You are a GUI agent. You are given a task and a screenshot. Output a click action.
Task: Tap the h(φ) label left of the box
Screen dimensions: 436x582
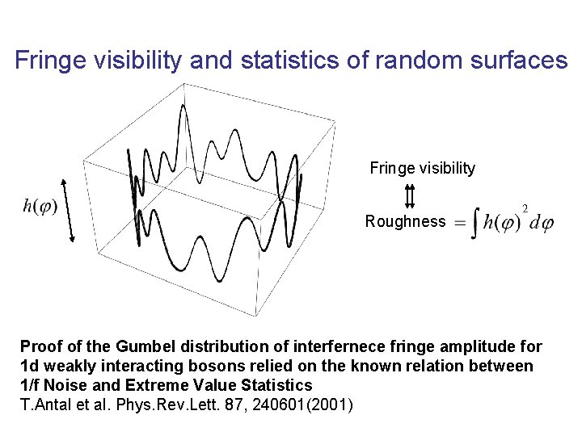[x=40, y=207]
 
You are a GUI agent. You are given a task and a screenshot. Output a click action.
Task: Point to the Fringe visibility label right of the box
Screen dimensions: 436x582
[x=423, y=169]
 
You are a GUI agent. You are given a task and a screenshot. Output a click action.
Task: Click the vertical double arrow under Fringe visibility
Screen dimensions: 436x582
[x=410, y=196]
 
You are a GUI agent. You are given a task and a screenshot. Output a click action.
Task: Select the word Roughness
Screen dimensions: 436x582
[x=405, y=221]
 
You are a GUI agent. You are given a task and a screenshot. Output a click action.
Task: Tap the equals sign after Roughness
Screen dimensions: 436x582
[x=458, y=223]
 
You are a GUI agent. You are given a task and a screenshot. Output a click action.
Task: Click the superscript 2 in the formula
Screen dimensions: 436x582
[x=525, y=209]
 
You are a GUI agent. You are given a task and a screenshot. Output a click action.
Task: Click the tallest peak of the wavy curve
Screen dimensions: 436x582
[x=184, y=109]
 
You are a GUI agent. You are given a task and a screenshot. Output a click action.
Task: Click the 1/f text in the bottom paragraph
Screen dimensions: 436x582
[x=32, y=386]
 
